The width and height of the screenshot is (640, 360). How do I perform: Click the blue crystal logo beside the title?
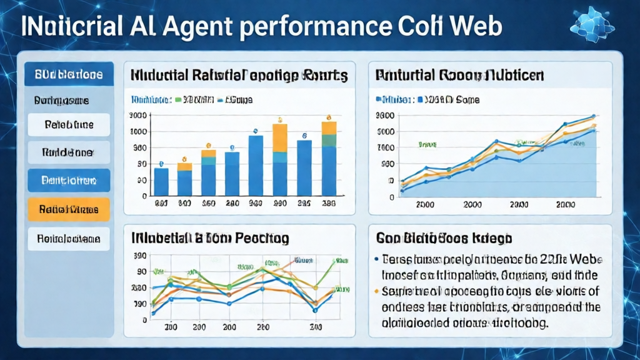[x=592, y=25]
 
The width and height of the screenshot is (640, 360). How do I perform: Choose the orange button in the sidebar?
[x=69, y=210]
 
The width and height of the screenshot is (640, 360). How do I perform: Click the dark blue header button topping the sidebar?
[x=69, y=74]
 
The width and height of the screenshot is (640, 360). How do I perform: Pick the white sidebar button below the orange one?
[x=69, y=238]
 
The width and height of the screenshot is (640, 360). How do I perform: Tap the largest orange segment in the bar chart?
[x=280, y=138]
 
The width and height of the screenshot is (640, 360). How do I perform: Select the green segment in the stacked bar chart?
[x=329, y=140]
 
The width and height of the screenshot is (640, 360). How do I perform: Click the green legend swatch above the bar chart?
[x=179, y=99]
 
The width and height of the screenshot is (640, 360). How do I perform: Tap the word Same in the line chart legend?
[x=466, y=99]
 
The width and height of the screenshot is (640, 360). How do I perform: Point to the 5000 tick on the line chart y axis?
[x=386, y=132]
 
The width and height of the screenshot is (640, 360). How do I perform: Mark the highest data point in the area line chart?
[x=593, y=116]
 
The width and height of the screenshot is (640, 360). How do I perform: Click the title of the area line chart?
[x=459, y=76]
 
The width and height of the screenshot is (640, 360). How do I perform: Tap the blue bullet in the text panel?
[x=376, y=257]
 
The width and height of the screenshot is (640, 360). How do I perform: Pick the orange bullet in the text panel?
[x=376, y=291]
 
